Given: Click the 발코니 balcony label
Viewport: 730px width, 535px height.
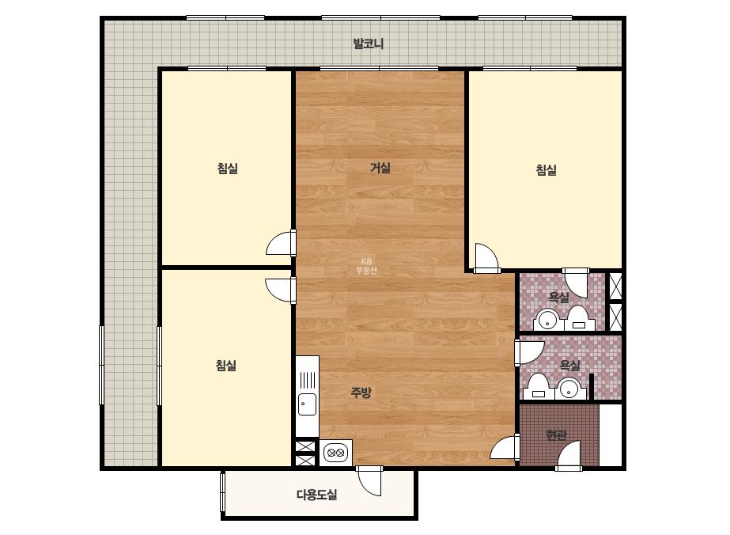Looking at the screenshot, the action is tap(369, 44).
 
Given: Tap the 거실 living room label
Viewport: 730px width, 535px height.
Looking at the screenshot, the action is tap(380, 168).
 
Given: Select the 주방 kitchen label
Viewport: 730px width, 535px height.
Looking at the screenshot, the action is tap(361, 393).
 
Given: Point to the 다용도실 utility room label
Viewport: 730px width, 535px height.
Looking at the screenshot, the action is tap(316, 495).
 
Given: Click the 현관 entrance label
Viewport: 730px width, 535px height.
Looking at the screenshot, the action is tap(556, 434).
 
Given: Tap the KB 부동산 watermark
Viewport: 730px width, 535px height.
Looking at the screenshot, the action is tap(366, 266).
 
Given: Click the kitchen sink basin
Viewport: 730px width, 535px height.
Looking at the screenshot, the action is tap(307, 404).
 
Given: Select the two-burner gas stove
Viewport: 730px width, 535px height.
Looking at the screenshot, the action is tap(335, 452).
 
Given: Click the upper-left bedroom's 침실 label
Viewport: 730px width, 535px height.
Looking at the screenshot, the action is tap(227, 168).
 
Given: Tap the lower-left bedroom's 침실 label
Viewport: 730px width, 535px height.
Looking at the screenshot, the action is tap(226, 366).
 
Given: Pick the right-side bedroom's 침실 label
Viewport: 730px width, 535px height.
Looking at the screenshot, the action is tap(546, 169).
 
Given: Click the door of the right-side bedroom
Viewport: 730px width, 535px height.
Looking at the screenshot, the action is tap(487, 258).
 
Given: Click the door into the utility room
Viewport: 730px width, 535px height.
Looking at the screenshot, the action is tap(369, 480).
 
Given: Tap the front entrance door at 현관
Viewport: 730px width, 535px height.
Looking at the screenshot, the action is tap(569, 455).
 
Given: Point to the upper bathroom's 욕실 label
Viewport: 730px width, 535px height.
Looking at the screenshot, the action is tap(558, 298).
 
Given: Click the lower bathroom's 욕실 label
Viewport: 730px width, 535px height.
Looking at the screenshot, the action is tap(570, 365).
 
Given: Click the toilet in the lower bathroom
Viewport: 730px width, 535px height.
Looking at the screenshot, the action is tap(538, 386).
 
